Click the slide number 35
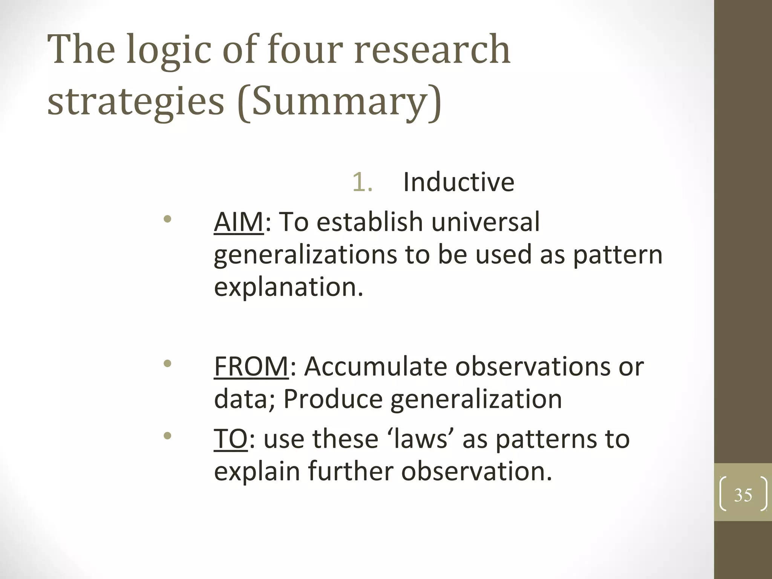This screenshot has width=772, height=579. tap(743, 495)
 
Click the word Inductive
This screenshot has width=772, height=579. tap(458, 182)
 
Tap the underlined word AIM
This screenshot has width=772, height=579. tap(239, 222)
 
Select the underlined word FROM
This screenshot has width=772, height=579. tap(251, 366)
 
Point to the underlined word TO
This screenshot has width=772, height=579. tap(231, 439)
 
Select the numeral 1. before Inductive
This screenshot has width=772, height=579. tap(362, 182)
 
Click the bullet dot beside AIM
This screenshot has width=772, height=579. tap(168, 219)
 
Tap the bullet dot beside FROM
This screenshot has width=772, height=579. tap(168, 364)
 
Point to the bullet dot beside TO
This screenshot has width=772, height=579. tap(168, 436)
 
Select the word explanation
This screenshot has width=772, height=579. tap(289, 287)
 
